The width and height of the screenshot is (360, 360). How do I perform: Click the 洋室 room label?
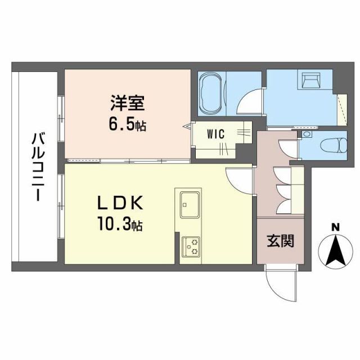pyautogui.click(x=128, y=104)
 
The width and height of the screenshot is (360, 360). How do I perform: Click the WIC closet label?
pyautogui.click(x=215, y=134)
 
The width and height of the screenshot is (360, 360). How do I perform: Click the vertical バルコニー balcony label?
pyautogui.click(x=38, y=167)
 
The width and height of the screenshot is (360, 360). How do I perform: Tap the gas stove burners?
pyautogui.click(x=192, y=246)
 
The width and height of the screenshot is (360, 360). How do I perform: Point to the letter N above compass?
pyautogui.click(x=335, y=227)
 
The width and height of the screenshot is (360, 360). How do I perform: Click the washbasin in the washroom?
pyautogui.click(x=309, y=82)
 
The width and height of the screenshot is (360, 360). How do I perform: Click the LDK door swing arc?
pyautogui.click(x=238, y=179)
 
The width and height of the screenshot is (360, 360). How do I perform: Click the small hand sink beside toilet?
pyautogui.click(x=306, y=135)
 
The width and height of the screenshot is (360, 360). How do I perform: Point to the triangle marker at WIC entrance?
pyautogui.click(x=187, y=127)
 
